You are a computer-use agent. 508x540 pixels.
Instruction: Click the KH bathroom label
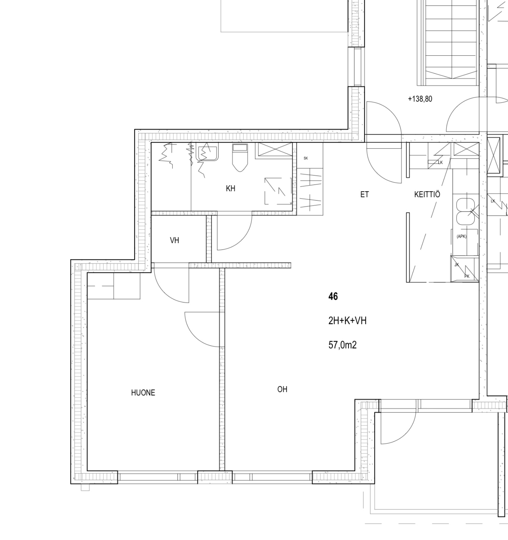point(231,189)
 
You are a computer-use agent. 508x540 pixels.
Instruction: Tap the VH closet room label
point(175,240)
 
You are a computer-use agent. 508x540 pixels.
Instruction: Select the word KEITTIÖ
point(427,194)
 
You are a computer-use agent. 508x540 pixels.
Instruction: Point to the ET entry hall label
point(365,195)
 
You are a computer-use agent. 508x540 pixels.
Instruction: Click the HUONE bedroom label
point(143,393)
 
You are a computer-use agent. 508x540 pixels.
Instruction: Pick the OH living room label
point(282,389)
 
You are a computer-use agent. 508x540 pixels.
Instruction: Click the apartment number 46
point(333,296)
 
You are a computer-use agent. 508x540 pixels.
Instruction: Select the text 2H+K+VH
point(347,321)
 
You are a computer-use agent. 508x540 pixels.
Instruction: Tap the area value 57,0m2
point(342,345)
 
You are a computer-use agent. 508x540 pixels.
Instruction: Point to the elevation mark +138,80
point(420,99)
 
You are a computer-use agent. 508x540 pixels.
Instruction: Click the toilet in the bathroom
point(240,157)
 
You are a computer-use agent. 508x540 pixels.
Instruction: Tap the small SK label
point(306,158)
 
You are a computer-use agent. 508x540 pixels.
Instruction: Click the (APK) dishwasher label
point(461,237)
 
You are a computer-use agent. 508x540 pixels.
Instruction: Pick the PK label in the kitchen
point(467,276)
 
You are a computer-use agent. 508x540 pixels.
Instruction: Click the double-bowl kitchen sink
point(465,212)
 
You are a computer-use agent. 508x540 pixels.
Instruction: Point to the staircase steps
point(451,40)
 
